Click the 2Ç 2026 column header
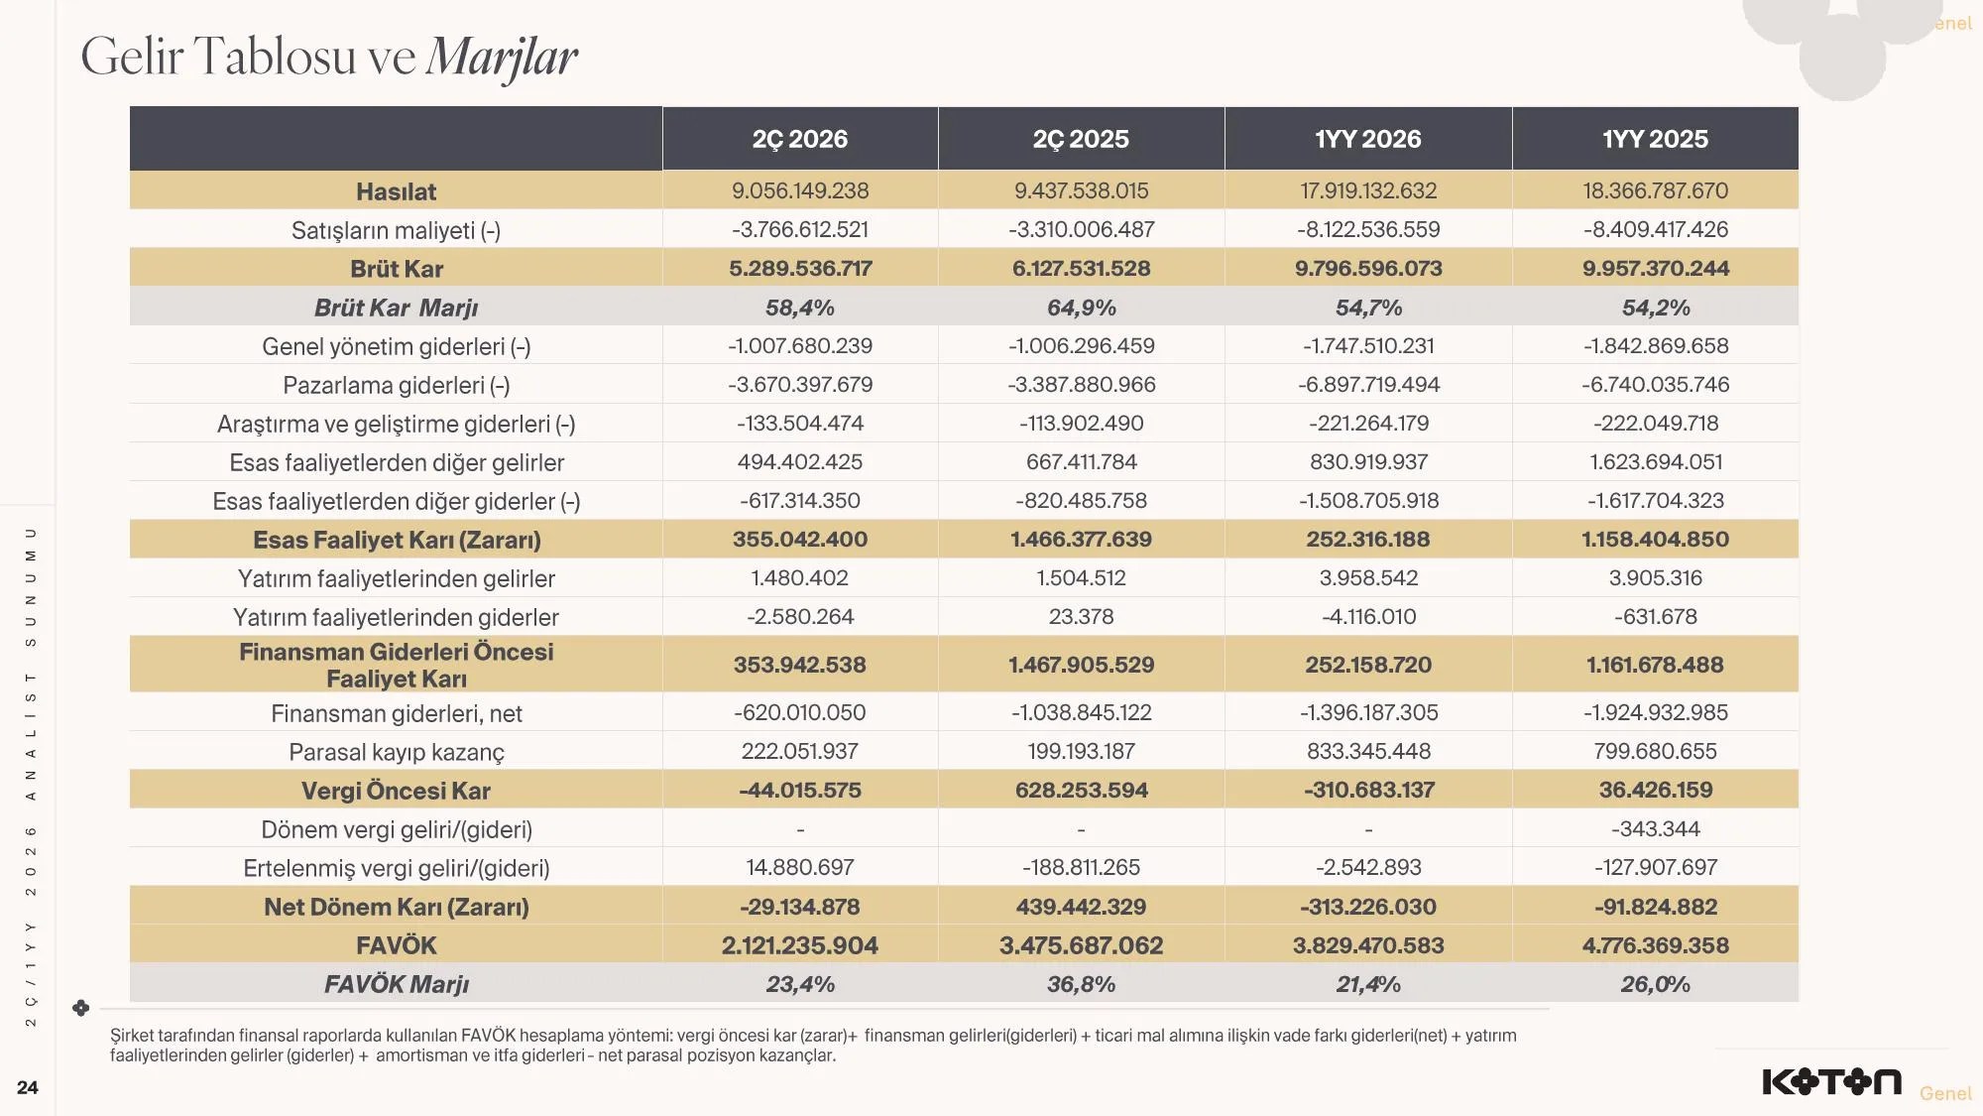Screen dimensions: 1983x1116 pyautogui.click(x=800, y=139)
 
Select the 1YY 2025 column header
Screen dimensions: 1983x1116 pyautogui.click(x=1655, y=139)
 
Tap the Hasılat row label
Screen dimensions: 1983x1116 pyautogui.click(x=396, y=191)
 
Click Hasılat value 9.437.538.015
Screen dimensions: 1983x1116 pyautogui.click(x=1081, y=190)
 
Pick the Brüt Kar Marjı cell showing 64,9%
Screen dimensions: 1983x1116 pyautogui.click(x=1081, y=308)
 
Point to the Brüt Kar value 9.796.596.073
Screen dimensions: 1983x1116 pyautogui.click(x=1368, y=268)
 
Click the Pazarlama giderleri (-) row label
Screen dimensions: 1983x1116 pyautogui.click(x=396, y=385)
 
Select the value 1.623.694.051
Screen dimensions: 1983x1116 pyautogui.click(x=1655, y=461)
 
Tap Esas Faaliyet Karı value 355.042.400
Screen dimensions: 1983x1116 pyautogui.click(x=800, y=539)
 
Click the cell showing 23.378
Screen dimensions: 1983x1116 pyautogui.click(x=1081, y=616)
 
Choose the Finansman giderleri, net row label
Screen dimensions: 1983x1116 pyautogui.click(x=396, y=713)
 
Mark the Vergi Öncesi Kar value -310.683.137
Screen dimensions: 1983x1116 pyautogui.click(x=1368, y=790)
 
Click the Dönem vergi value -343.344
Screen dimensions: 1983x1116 pyautogui.click(x=1655, y=828)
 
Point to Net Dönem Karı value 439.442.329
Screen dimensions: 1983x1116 pyautogui.click(x=1081, y=906)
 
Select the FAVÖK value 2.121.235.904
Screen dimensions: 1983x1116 pyautogui.click(x=800, y=944)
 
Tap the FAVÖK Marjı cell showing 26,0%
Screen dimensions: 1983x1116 pyautogui.click(x=1655, y=984)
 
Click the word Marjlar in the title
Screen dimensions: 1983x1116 pyautogui.click(x=502, y=57)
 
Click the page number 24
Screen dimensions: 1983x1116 pyautogui.click(x=28, y=1087)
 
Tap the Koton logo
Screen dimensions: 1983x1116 pyautogui.click(x=1831, y=1081)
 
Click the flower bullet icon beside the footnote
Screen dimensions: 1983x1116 pyautogui.click(x=81, y=1008)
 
